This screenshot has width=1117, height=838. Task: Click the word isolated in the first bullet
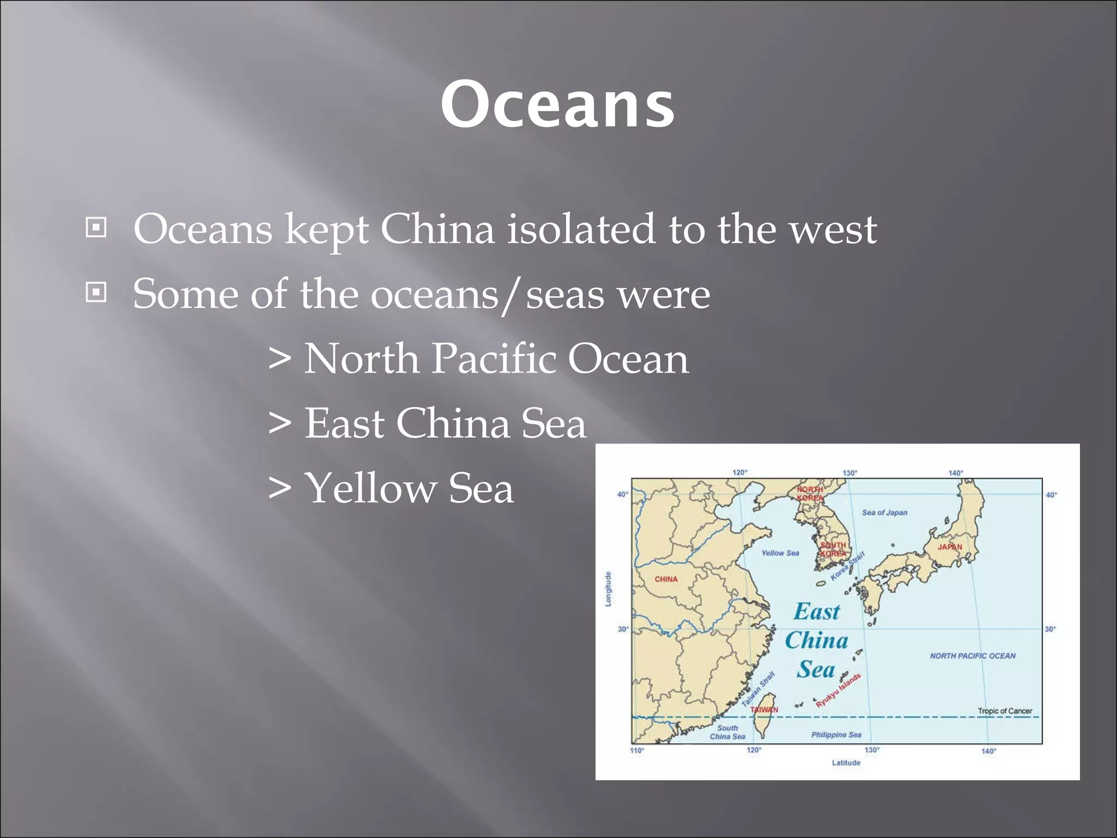tap(581, 229)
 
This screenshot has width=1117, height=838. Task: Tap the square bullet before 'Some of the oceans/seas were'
tap(96, 293)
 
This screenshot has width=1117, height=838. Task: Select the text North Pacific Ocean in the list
tap(496, 359)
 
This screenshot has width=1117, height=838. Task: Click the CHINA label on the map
tap(666, 579)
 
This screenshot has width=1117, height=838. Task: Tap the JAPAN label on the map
tap(950, 547)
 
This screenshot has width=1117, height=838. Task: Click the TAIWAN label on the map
tap(764, 710)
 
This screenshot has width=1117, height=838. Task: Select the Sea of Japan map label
tap(884, 513)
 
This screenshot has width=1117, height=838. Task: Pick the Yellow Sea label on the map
tap(780, 553)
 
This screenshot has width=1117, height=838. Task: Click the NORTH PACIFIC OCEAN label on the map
tap(972, 656)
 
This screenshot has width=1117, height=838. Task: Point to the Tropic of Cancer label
tap(1005, 711)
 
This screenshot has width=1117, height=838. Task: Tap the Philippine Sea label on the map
tap(836, 735)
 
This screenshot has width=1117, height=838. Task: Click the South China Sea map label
tap(727, 732)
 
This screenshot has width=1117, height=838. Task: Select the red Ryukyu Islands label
tap(838, 690)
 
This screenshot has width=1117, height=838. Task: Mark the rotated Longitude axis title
tap(608, 589)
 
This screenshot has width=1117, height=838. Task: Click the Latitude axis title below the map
tap(846, 763)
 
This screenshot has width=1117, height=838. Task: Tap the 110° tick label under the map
tap(637, 751)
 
